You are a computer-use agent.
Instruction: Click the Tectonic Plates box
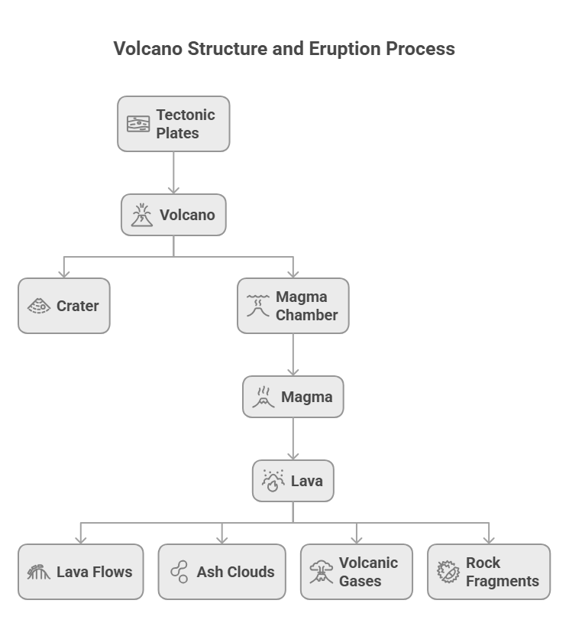pos(173,124)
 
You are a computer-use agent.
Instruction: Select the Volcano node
pos(173,215)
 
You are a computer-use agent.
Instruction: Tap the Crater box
pos(64,306)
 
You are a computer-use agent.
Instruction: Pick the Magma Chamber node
pos(293,306)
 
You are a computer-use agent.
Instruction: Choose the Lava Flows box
pos(80,572)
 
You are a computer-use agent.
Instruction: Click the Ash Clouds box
pos(221,572)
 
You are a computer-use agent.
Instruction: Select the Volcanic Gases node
pos(356,572)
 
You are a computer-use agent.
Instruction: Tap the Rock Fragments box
pos(488,572)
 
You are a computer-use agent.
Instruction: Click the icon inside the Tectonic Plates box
pos(138,124)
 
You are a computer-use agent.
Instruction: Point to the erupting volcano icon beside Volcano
pos(142,215)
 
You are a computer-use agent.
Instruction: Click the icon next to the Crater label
pos(39,306)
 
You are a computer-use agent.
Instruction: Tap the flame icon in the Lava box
pos(273,481)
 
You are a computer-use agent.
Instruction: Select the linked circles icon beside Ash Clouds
pos(179,572)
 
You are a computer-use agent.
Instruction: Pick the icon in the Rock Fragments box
pos(448,572)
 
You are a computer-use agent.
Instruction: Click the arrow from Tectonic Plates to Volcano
pos(173,173)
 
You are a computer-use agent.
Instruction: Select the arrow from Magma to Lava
pos(293,439)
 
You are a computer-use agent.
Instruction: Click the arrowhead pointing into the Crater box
pos(64,272)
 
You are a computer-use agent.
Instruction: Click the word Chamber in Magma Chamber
pos(306,315)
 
